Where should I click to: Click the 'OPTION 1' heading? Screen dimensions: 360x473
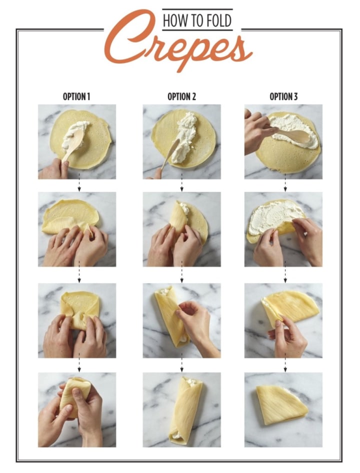(76, 96)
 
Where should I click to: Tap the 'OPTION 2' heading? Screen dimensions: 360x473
(181, 96)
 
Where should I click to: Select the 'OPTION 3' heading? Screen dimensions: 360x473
(283, 96)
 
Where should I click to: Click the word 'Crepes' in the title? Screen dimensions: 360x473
(178, 45)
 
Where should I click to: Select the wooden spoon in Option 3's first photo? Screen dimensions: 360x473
(289, 135)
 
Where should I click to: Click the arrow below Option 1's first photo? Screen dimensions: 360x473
(79, 182)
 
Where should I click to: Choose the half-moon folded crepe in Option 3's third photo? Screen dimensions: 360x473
(289, 306)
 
